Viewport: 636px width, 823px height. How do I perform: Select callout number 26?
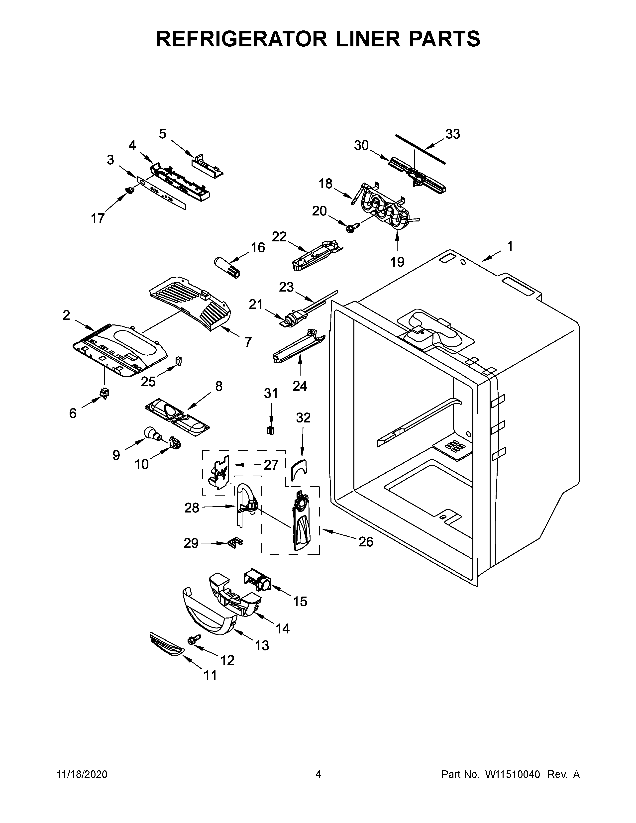tap(365, 542)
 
